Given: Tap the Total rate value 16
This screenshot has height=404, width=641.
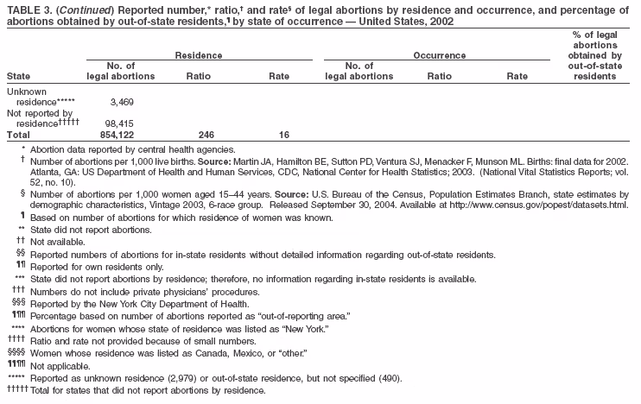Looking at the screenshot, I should pyautogui.click(x=283, y=136).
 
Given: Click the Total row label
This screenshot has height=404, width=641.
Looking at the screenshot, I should pyautogui.click(x=18, y=136).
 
